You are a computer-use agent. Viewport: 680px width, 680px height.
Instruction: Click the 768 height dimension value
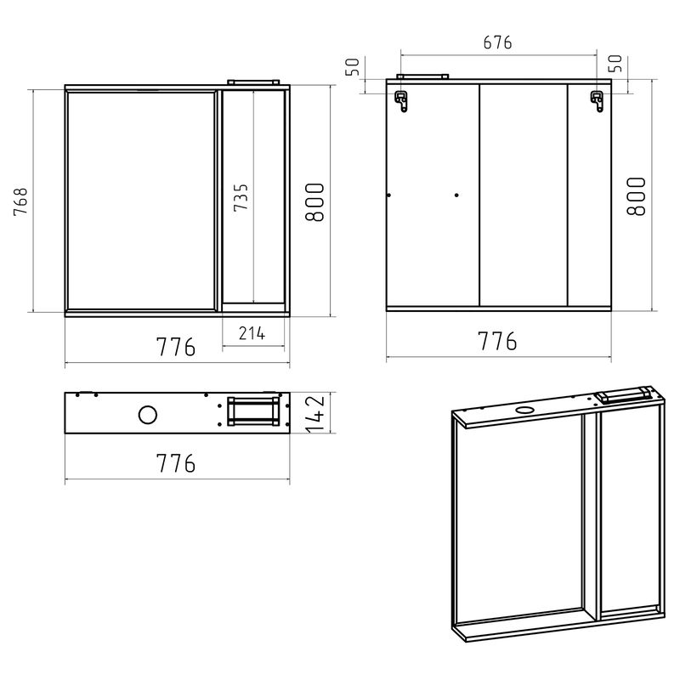(22, 201)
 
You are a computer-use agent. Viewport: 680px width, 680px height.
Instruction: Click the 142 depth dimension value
(316, 412)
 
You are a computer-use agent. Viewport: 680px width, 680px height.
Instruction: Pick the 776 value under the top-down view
(176, 463)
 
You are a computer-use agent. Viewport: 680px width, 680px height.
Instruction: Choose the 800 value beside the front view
(314, 202)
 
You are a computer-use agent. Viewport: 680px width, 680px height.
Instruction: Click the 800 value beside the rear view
(636, 196)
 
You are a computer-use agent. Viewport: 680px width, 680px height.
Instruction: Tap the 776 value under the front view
(176, 348)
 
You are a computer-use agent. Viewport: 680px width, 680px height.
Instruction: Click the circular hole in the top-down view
(148, 416)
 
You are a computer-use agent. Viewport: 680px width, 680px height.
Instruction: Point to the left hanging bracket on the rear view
(401, 99)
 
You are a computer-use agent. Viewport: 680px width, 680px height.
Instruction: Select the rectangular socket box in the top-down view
(252, 413)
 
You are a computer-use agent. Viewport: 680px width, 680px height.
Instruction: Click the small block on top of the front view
(253, 81)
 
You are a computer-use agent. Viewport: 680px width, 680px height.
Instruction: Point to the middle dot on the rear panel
(456, 196)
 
